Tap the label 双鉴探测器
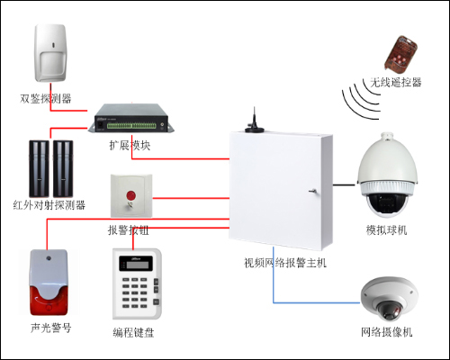[x=46, y=97]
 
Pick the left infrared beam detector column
[x=41, y=166]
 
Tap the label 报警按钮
[x=128, y=230]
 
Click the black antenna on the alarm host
[x=254, y=122]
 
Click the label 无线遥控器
[x=394, y=82]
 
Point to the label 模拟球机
[x=386, y=230]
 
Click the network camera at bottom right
[x=388, y=299]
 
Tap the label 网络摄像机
[x=386, y=333]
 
